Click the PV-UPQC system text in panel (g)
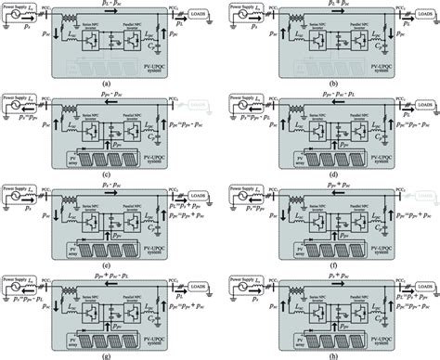tap(167, 333)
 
